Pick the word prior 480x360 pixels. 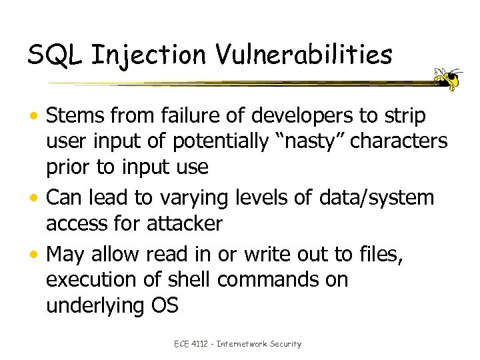point(69,167)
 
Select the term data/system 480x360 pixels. point(376,197)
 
